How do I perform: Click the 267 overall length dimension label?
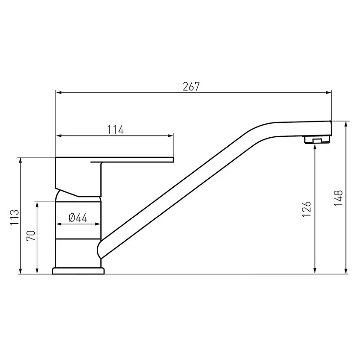click(x=191, y=86)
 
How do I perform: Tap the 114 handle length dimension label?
click(x=116, y=130)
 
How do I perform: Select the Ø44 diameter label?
click(x=78, y=218)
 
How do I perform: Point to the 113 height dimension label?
click(x=15, y=217)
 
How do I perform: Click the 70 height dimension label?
click(x=31, y=235)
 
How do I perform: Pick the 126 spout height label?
click(x=306, y=209)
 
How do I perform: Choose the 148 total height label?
click(x=338, y=198)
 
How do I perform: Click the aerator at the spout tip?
click(x=317, y=140)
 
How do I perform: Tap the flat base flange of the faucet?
click(x=78, y=271)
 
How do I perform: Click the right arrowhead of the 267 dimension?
click(x=329, y=93)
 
